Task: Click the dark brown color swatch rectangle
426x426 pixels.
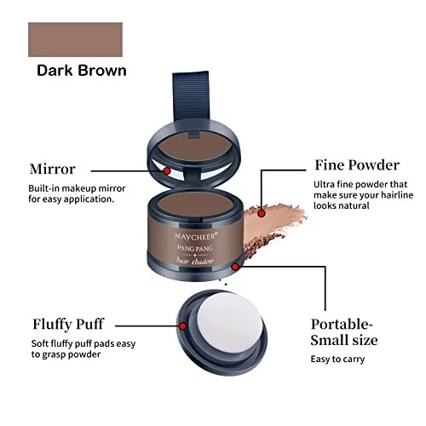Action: point(75,39)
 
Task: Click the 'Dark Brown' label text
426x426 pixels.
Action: point(82,71)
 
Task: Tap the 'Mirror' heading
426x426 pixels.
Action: point(53,169)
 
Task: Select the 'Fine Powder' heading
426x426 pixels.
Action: point(357,165)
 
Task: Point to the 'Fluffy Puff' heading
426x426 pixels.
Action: point(68,325)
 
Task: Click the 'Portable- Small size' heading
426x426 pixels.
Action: point(344,332)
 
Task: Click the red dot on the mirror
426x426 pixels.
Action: point(167,170)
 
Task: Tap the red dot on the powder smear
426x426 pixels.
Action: point(262,213)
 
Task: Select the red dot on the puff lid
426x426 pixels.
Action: point(183,326)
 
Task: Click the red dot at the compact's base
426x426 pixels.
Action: point(235,267)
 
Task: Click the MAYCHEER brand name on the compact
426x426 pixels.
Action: point(196,236)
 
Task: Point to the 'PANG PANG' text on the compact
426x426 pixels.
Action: point(195,248)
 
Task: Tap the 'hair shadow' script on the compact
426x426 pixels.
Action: point(195,261)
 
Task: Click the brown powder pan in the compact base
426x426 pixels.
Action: point(195,204)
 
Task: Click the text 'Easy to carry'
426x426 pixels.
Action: point(337,360)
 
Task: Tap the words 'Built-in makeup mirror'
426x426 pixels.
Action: point(77,188)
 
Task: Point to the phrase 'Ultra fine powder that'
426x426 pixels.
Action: point(360,184)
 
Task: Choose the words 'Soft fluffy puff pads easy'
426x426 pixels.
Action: point(83,343)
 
